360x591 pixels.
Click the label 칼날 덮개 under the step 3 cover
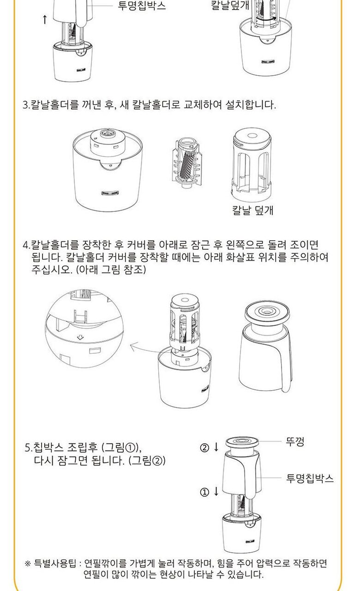[252, 210]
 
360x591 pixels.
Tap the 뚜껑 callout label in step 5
[295, 441]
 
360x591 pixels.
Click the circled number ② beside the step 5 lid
[204, 448]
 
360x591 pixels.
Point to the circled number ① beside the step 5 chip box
[204, 492]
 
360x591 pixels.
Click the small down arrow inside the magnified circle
[80, 337]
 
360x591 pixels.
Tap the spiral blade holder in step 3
[186, 163]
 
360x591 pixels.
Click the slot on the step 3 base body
[110, 193]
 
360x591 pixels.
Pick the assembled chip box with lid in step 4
[266, 346]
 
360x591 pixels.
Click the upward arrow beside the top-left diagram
[45, 19]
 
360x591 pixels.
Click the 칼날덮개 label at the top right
[230, 5]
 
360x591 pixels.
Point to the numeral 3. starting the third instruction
[27, 105]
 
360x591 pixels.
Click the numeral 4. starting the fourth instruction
[27, 245]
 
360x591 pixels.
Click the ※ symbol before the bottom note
[28, 564]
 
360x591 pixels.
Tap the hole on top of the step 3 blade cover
[252, 136]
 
